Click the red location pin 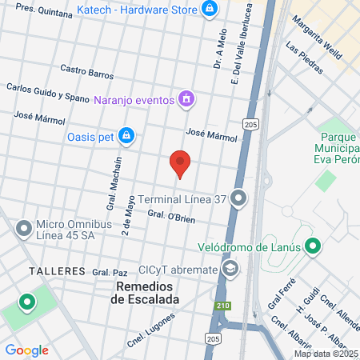181,163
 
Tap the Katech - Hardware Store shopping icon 210,9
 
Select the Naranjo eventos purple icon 186,99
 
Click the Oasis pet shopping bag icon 126,136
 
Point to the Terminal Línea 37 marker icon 238,198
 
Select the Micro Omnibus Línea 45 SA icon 24,227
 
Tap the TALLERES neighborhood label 57,271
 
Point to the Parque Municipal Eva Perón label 339,142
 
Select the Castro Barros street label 87,73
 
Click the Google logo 27,350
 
